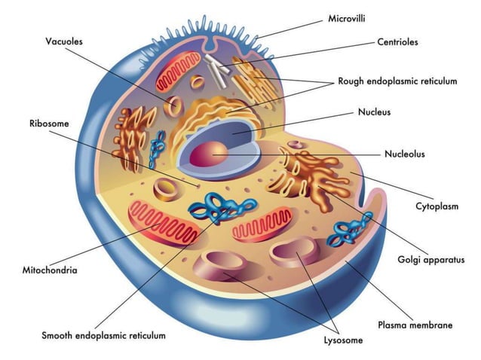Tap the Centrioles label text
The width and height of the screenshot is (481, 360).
tap(397, 42)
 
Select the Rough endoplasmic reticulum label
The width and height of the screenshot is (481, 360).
tap(397, 81)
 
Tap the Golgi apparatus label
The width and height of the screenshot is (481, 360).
tap(431, 261)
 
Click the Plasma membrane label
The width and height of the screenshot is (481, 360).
tap(415, 325)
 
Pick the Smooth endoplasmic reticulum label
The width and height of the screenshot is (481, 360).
tap(103, 335)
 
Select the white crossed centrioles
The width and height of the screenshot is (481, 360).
tap(219, 67)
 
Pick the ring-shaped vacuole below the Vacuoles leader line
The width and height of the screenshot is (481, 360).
tap(173, 106)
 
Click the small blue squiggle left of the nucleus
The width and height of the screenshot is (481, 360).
tap(159, 148)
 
